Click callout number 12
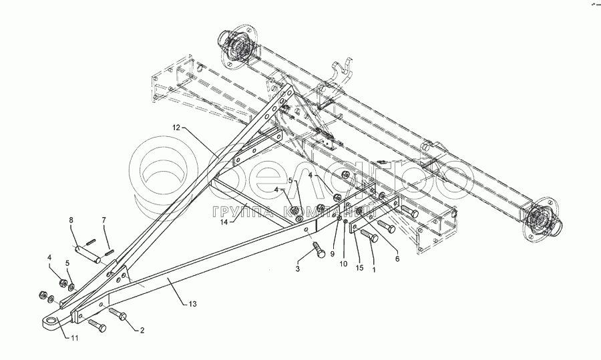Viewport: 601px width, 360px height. [176, 127]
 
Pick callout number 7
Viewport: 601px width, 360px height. [104, 220]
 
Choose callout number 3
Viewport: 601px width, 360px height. [298, 268]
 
